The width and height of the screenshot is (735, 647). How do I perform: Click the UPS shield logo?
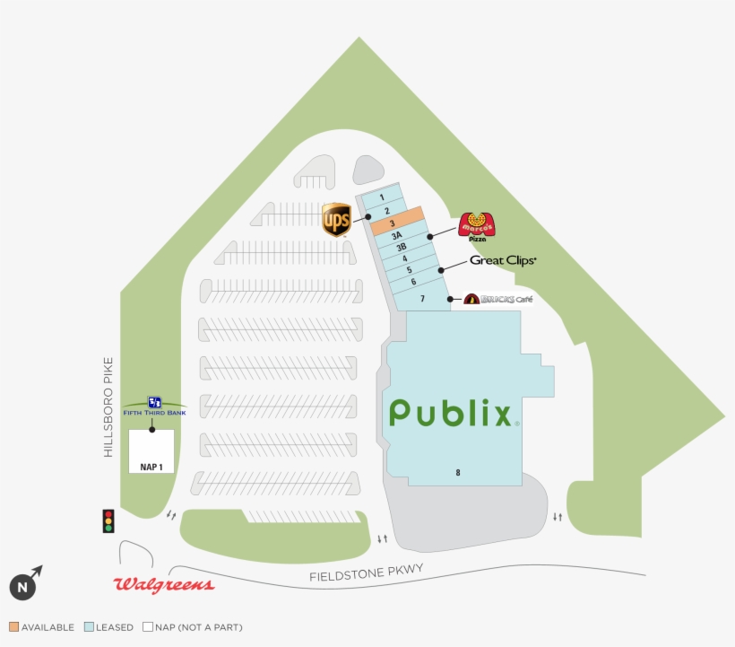click(336, 220)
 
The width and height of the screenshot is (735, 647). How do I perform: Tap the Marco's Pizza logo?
click(477, 227)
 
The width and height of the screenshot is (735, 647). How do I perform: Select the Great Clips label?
click(503, 260)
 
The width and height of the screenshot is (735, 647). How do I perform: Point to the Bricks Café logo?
click(498, 299)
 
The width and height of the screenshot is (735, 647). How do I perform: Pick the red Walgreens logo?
click(164, 584)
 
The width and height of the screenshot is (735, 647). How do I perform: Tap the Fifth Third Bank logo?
click(154, 407)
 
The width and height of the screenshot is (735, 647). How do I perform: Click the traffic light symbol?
click(108, 521)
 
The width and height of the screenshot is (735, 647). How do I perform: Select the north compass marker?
click(26, 583)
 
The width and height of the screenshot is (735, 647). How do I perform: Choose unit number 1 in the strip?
click(382, 197)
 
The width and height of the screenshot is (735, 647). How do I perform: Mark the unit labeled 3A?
click(396, 235)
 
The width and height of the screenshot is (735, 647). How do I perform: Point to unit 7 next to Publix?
click(422, 299)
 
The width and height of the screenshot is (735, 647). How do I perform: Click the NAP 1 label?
click(151, 468)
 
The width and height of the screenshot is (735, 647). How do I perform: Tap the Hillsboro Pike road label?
click(108, 407)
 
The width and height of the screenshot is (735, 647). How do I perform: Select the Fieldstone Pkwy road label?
click(366, 573)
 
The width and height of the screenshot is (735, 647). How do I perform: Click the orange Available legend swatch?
click(14, 627)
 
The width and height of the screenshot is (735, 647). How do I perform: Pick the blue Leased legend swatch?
click(89, 627)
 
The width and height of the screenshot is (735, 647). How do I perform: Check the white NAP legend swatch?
click(148, 627)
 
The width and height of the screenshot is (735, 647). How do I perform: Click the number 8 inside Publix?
click(458, 473)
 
